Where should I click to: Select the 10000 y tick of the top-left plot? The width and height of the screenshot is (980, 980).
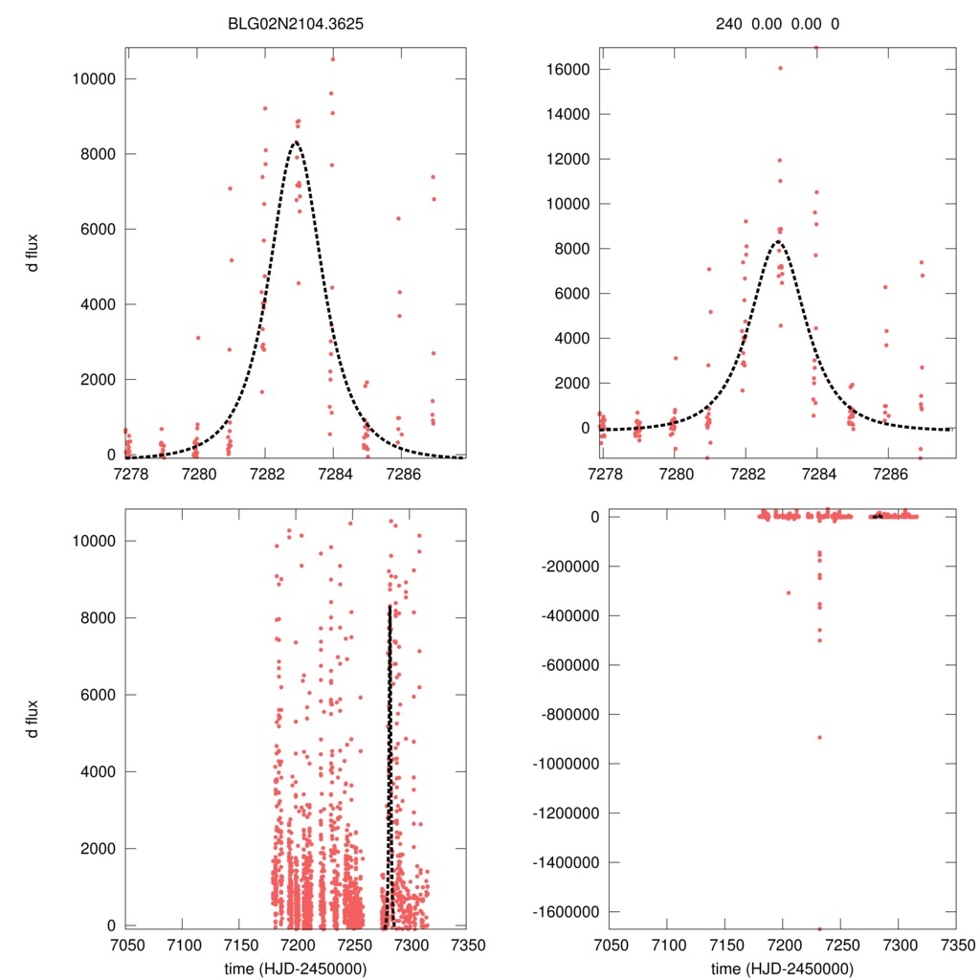tap(93, 78)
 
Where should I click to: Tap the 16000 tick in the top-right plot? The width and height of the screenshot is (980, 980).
tap(565, 69)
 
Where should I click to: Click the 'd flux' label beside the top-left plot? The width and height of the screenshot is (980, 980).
tap(33, 253)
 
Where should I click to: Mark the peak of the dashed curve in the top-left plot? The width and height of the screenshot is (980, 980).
tap(295, 142)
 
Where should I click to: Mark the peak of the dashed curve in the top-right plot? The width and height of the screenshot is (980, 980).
tap(779, 241)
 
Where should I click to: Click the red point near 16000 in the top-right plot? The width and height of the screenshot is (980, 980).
tap(780, 68)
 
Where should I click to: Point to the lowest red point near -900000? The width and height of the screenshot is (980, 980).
tap(819, 737)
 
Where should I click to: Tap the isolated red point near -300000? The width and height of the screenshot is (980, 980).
tap(789, 593)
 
